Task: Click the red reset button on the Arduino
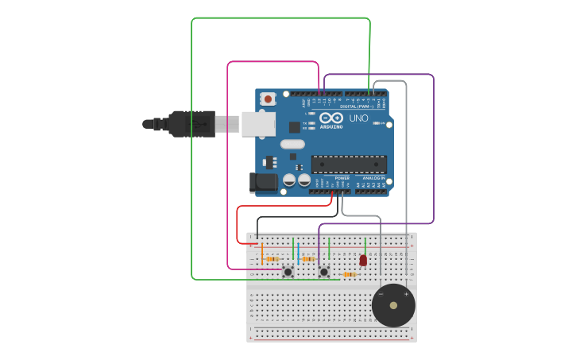pos(269,99)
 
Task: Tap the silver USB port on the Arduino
pos(258,124)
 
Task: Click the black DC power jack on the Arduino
pos(264,183)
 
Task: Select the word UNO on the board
pos(358,118)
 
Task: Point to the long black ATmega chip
pos(349,165)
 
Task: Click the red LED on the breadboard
pos(363,260)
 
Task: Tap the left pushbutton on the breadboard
pos(288,272)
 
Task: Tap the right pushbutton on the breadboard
pos(324,272)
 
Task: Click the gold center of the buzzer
pos(393,305)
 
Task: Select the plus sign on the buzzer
pos(406,294)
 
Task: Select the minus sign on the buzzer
pos(381,294)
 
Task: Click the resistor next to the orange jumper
pos(273,259)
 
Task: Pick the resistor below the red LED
pos(348,275)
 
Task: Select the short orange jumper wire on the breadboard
pos(261,254)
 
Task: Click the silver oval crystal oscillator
pos(292,144)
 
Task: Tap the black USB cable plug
pos(191,124)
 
